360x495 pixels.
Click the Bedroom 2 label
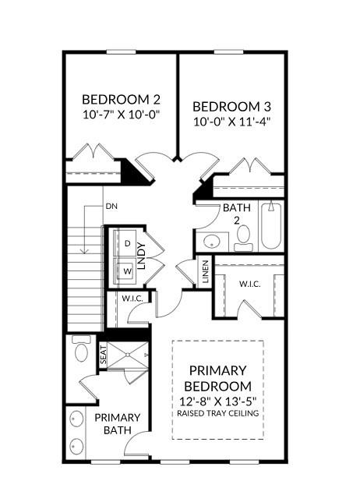tap(121, 100)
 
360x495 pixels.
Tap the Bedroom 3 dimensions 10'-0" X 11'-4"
tap(232, 122)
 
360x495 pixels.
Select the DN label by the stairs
tap(111, 207)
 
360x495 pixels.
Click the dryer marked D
tap(128, 243)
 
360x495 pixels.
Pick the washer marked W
tap(128, 270)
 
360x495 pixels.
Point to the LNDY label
tap(142, 256)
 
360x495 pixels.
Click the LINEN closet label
tap(206, 271)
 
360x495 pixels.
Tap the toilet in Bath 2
tap(243, 238)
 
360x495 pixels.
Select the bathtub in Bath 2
tap(271, 226)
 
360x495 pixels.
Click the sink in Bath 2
tap(211, 242)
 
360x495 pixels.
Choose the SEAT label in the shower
tap(103, 355)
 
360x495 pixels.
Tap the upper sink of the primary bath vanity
tap(76, 419)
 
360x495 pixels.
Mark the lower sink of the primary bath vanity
tap(76, 447)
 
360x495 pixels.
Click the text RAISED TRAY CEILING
tap(218, 413)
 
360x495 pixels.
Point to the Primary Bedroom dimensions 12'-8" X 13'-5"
tap(218, 401)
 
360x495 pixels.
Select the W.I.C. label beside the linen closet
tap(250, 284)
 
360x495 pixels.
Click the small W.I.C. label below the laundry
tap(132, 299)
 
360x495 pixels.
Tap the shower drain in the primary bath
tap(128, 355)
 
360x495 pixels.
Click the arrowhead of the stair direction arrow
tap(84, 251)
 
